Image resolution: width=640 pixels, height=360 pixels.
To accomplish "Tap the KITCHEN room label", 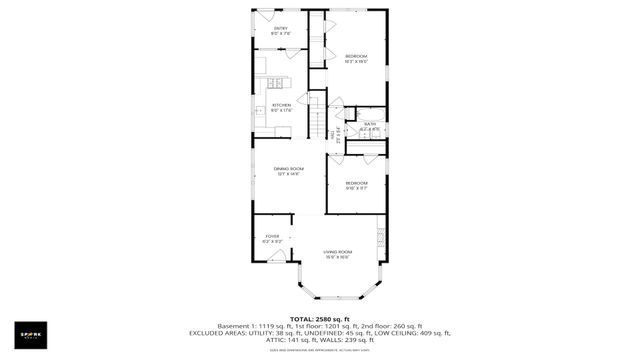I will pos(282,107).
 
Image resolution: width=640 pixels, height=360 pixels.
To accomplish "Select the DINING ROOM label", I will pos(288,171).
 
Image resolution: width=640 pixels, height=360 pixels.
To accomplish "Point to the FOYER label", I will pos(272,239).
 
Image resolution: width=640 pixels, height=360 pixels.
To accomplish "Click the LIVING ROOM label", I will pos(337,254).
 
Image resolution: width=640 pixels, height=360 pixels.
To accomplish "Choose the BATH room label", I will pos(370,126).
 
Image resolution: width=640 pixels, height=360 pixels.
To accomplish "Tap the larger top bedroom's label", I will pos(357,58).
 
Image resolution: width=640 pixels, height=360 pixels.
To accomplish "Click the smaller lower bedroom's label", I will pos(357,185).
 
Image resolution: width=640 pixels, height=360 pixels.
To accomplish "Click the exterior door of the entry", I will pos(264,14).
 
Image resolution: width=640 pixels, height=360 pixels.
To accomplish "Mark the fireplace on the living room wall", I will pos(381,239).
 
